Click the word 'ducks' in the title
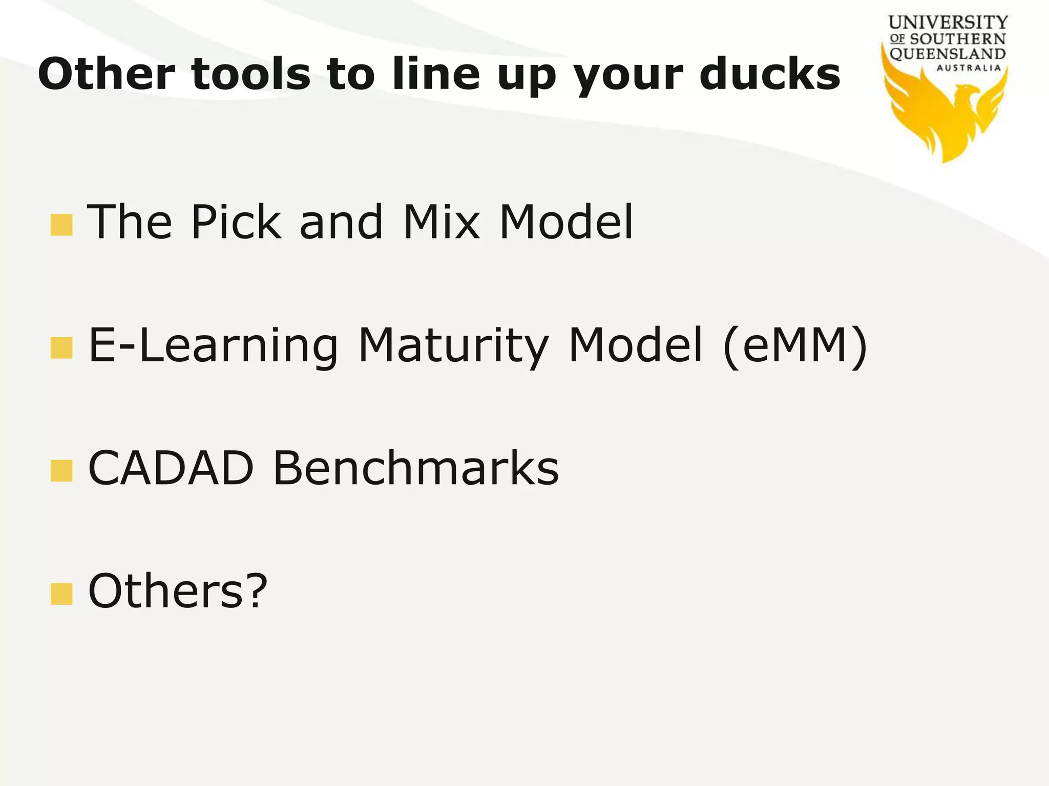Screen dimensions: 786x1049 770,74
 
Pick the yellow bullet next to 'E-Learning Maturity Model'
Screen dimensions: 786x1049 61,348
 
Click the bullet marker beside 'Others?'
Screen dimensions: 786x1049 61,594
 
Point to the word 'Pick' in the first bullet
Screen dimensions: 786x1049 236,222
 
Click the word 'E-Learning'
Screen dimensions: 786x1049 213,347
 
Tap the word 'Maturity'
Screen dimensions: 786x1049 454,347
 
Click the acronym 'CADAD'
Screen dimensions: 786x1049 171,468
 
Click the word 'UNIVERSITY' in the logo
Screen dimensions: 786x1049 948,23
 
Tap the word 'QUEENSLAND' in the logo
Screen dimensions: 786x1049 948,54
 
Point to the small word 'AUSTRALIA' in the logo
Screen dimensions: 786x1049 969,68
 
